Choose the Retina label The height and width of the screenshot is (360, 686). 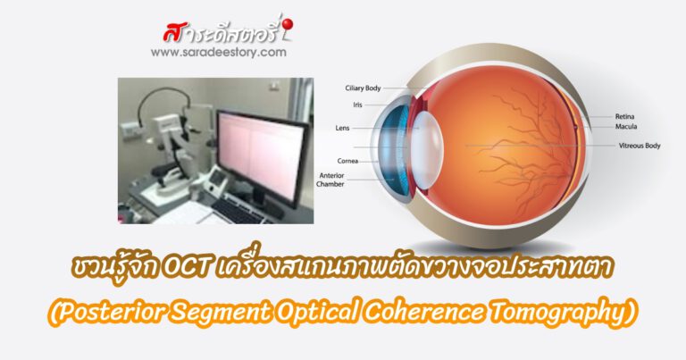click(624, 116)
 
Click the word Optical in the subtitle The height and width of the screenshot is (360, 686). click(358, 311)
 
